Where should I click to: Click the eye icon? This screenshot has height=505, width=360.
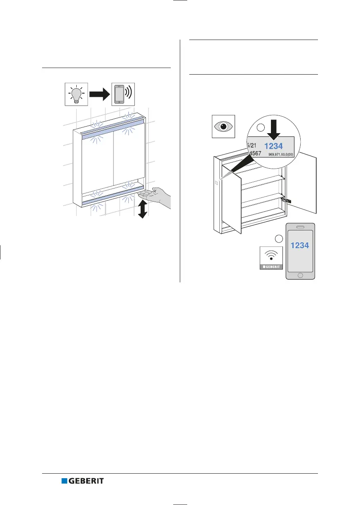point(223,126)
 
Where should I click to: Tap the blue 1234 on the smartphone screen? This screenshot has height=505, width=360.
point(300,245)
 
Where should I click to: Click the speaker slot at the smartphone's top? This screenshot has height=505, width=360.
point(300,227)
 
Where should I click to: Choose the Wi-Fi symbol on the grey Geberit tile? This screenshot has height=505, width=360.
point(270,256)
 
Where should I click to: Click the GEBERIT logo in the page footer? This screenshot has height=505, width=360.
point(82,481)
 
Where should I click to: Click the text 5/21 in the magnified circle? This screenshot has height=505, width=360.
point(252,145)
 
